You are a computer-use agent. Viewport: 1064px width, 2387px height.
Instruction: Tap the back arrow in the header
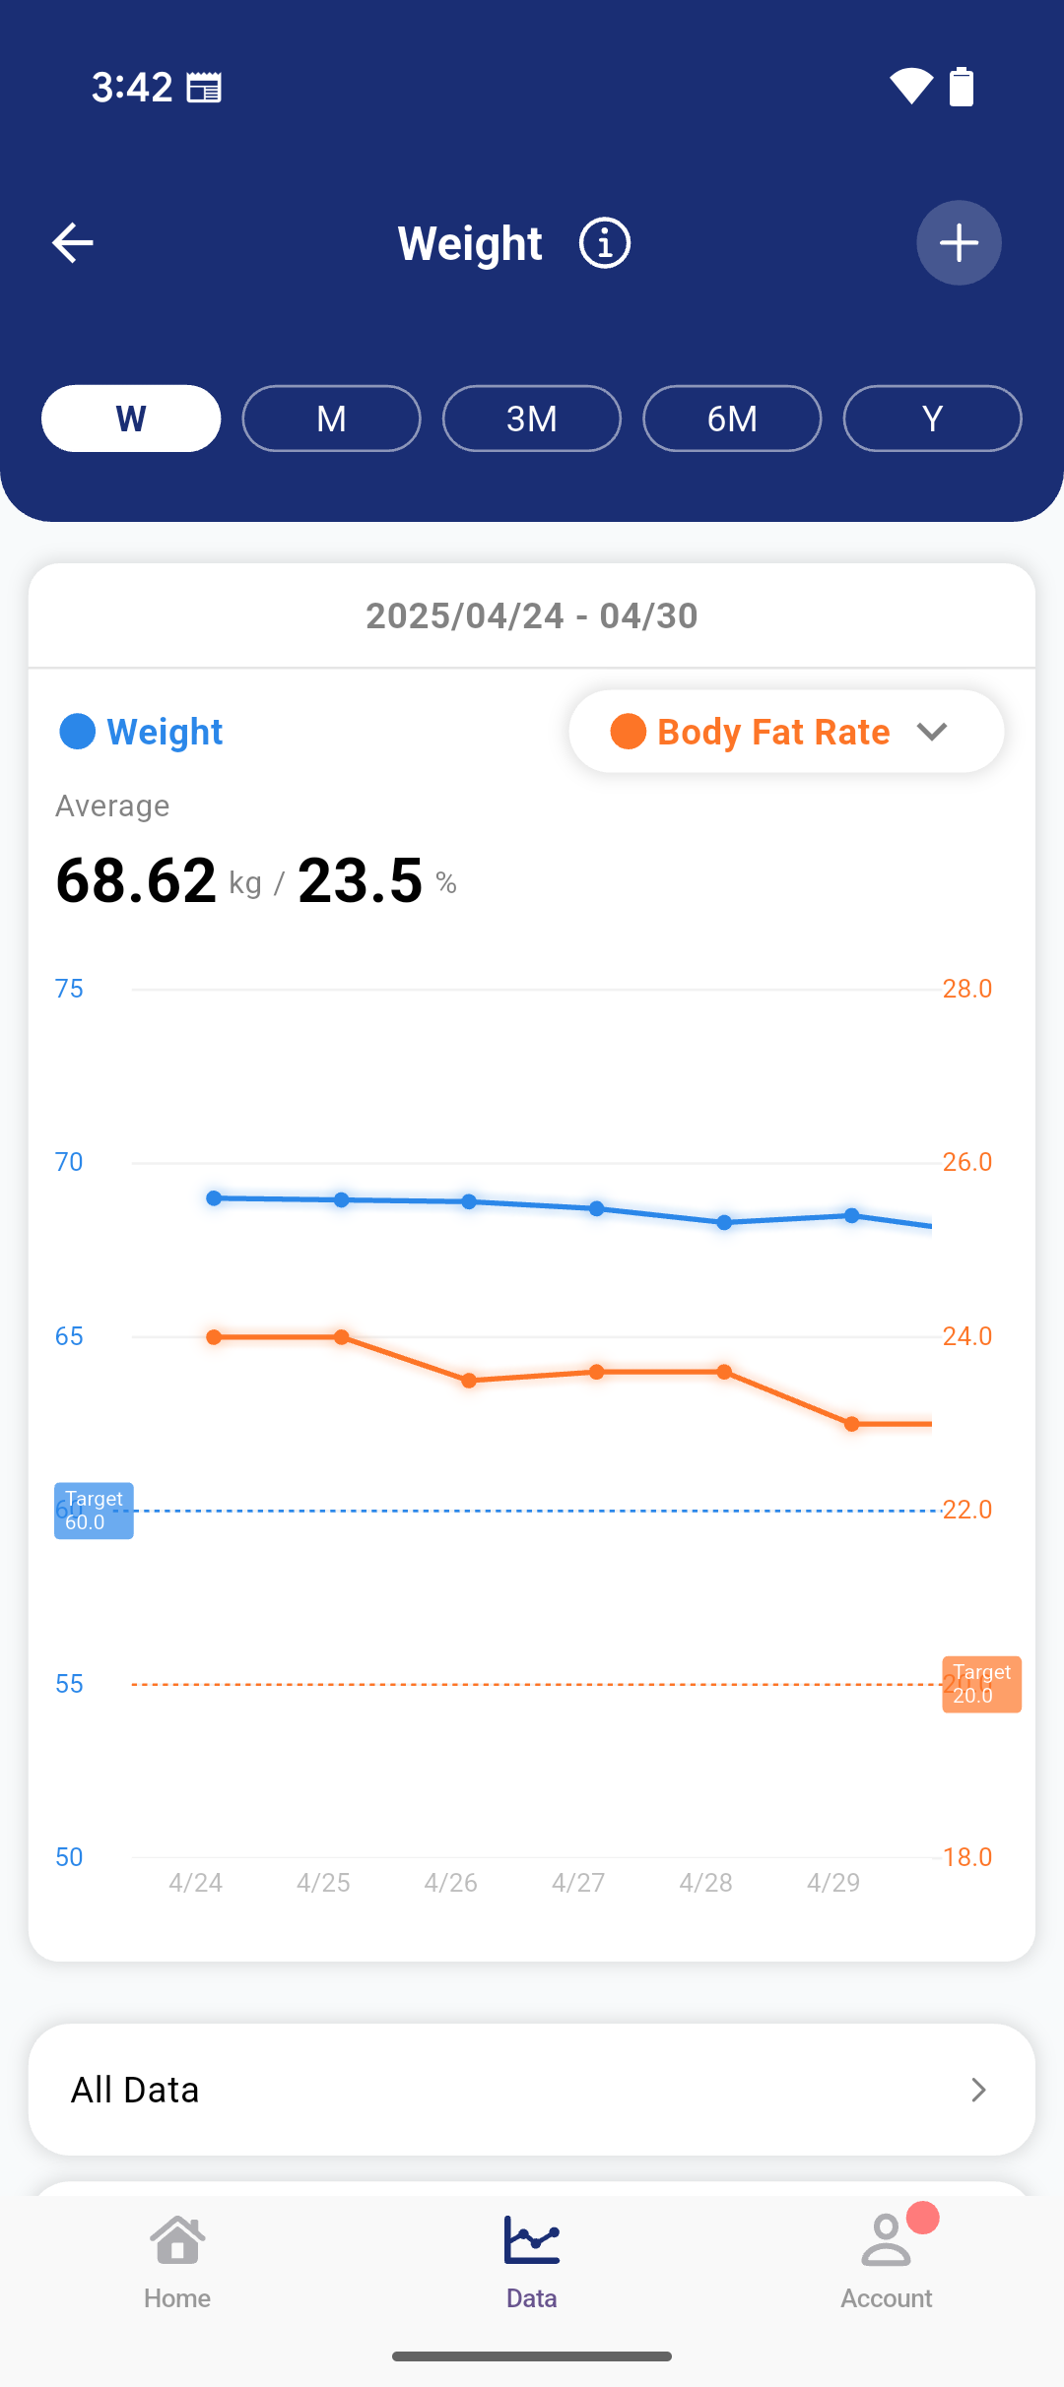pyautogui.click(x=73, y=243)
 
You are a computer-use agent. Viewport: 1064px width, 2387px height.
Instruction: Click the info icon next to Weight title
pyautogui.click(x=604, y=243)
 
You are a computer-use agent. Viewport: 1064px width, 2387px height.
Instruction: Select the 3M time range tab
pyautogui.click(x=532, y=419)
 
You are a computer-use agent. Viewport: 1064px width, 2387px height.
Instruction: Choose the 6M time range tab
pyautogui.click(x=732, y=419)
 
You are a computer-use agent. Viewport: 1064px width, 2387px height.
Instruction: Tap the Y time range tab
pyautogui.click(x=932, y=419)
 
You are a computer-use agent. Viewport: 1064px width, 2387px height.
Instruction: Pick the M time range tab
pyautogui.click(x=331, y=419)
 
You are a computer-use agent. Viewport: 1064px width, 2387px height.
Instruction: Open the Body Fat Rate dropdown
pyautogui.click(x=786, y=732)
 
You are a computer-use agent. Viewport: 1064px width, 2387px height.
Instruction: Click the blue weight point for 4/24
pyautogui.click(x=214, y=1198)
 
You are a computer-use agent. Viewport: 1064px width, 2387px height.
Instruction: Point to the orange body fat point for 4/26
pyautogui.click(x=469, y=1381)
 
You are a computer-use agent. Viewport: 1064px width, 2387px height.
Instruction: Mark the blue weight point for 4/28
pyautogui.click(x=724, y=1223)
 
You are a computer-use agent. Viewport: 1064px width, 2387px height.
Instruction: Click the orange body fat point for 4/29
pyautogui.click(x=852, y=1424)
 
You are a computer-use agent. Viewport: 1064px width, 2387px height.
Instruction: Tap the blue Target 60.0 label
pyautogui.click(x=94, y=1511)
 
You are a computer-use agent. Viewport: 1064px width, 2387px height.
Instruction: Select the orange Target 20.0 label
pyautogui.click(x=981, y=1684)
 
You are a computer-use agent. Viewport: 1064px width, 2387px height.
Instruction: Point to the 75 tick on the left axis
pyautogui.click(x=69, y=989)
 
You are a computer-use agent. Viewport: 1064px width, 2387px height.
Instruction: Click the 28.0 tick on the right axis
pyautogui.click(x=966, y=989)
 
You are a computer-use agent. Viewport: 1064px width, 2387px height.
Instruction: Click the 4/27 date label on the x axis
pyautogui.click(x=578, y=1883)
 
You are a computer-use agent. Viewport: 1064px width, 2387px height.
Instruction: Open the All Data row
pyautogui.click(x=532, y=2090)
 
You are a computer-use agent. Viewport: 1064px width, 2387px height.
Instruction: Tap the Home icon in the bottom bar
pyautogui.click(x=177, y=2242)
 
